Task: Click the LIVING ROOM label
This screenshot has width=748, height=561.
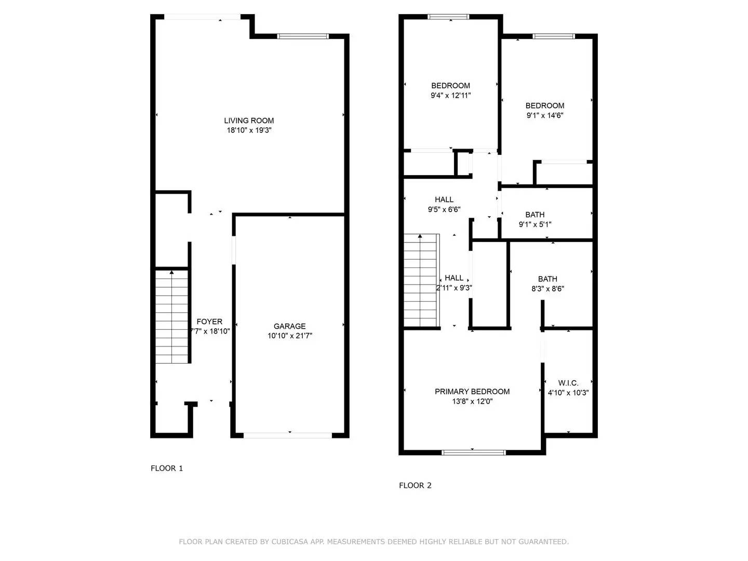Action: point(249,121)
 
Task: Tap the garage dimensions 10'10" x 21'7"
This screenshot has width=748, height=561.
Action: point(290,336)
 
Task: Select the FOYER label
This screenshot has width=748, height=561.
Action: point(209,322)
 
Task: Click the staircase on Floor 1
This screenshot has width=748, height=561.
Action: point(172,317)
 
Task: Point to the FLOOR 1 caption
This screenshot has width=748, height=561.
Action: point(167,469)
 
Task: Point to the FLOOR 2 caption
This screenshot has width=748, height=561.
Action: point(415,486)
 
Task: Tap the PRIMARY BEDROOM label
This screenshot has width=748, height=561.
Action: point(472,392)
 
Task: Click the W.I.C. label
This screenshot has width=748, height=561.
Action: point(568,383)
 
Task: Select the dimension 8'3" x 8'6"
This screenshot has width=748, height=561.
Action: point(547,289)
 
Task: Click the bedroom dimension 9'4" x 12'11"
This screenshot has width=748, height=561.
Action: point(451,96)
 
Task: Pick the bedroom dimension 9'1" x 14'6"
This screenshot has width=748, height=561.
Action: point(545,115)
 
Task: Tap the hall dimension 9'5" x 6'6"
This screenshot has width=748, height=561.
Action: point(444,209)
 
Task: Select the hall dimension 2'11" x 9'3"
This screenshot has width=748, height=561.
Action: point(454,288)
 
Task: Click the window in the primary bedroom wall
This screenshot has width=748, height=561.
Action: point(473,452)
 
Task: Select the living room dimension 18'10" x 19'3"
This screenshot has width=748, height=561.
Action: point(249,130)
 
